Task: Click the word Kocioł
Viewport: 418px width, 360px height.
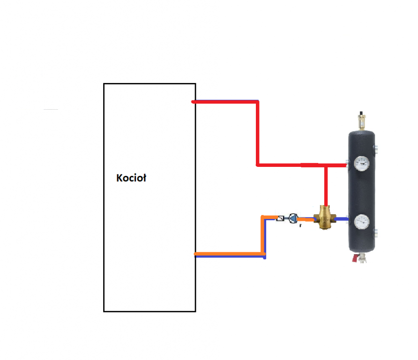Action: click(x=131, y=179)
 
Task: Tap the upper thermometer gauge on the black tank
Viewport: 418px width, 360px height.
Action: click(x=361, y=164)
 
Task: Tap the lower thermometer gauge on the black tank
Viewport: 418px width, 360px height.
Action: click(x=361, y=221)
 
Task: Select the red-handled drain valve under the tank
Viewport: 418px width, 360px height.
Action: click(x=358, y=257)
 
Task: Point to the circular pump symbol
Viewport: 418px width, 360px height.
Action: click(x=293, y=218)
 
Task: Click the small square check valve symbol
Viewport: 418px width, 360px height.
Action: click(x=280, y=218)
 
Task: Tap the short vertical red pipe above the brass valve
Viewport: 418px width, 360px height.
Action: click(x=326, y=185)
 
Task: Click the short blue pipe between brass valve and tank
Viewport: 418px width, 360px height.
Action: click(x=342, y=219)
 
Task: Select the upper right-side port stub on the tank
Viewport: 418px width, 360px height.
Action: click(x=376, y=150)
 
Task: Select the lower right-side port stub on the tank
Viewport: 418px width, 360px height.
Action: click(x=376, y=232)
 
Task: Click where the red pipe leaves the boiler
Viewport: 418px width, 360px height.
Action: click(x=194, y=102)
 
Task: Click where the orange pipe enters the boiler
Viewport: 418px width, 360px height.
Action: click(x=196, y=255)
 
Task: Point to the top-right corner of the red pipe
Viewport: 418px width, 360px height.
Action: click(x=257, y=102)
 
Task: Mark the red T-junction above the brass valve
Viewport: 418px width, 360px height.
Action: click(x=326, y=165)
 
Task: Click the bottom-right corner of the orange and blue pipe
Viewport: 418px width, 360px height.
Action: click(x=264, y=255)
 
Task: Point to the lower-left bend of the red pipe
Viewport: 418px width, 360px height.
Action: click(x=257, y=165)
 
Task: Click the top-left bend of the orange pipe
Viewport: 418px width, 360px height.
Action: click(x=263, y=217)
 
